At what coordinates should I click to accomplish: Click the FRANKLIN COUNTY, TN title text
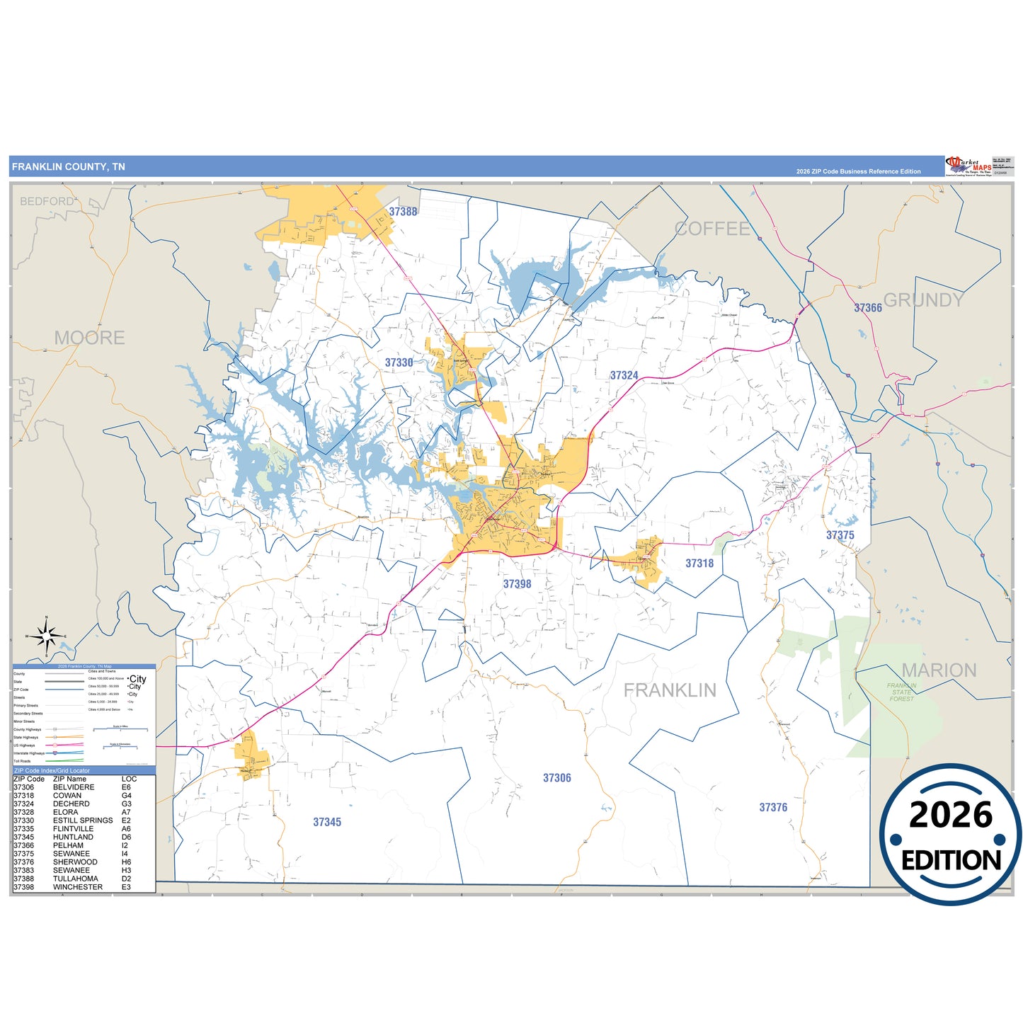tap(69, 167)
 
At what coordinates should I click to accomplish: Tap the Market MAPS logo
tap(969, 166)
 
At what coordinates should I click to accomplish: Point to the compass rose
tap(47, 636)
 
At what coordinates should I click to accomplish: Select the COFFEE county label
tap(712, 229)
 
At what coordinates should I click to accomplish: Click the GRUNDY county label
tap(924, 300)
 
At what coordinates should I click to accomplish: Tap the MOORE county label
tap(89, 338)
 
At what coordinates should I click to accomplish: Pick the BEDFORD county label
tap(47, 201)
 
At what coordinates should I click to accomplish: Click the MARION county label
tap(939, 670)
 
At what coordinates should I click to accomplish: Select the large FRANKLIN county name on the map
tap(670, 690)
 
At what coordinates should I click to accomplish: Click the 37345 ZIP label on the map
tap(327, 822)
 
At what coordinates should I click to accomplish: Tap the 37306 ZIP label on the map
tap(556, 778)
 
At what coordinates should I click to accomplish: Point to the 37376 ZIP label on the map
tap(773, 807)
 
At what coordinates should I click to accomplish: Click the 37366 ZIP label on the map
tap(867, 308)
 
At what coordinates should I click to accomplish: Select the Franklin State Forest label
tap(901, 692)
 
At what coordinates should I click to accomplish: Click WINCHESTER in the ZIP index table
tap(78, 887)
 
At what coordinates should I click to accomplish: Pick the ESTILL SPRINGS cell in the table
tap(83, 821)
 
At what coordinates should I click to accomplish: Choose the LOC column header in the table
tap(129, 779)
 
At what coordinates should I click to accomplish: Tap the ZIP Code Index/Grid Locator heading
tap(52, 770)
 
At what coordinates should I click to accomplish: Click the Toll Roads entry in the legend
tap(22, 761)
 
